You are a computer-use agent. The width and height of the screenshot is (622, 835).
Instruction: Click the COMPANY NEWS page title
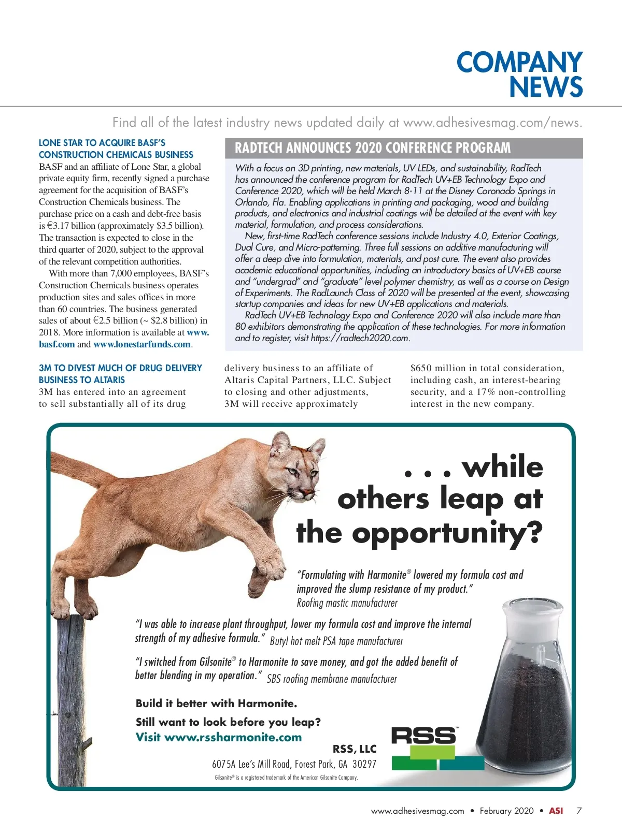click(x=519, y=74)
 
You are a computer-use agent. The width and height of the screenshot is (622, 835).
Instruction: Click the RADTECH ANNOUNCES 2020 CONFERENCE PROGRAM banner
click(x=373, y=148)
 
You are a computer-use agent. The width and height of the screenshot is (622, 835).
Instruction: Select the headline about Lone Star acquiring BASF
click(x=116, y=149)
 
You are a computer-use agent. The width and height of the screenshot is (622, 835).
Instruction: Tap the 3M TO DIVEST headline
click(x=120, y=373)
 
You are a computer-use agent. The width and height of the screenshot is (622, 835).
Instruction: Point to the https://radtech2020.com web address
click(x=360, y=338)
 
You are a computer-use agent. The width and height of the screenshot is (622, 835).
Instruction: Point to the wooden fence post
click(x=70, y=699)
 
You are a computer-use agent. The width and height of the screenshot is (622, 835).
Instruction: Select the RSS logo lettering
click(x=423, y=736)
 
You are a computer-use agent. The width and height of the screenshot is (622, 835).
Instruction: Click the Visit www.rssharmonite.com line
click(x=218, y=737)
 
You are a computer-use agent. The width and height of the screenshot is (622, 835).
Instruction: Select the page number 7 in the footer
click(x=579, y=811)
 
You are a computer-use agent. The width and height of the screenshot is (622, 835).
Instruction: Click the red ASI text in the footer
click(x=556, y=811)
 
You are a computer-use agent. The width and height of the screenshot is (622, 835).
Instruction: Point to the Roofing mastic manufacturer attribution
click(x=347, y=603)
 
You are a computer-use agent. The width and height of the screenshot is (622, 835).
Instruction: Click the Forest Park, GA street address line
click(x=294, y=764)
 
